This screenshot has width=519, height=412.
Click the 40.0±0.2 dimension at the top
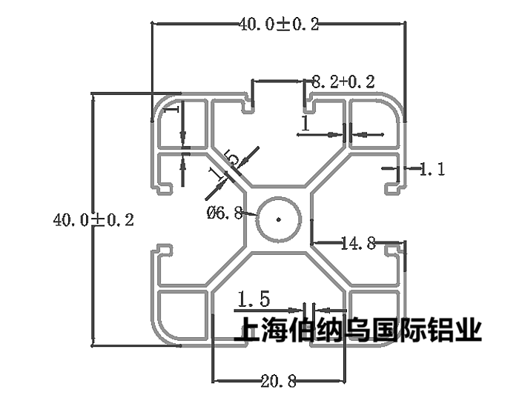coord(279,24)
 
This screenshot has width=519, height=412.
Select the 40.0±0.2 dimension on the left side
coord(93,220)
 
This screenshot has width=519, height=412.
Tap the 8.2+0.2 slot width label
coord(343,82)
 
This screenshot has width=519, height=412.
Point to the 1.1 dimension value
coord(432,170)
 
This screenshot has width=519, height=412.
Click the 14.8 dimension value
coord(358,242)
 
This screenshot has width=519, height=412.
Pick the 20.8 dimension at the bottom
coord(279,382)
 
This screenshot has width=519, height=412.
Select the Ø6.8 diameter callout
coord(225,213)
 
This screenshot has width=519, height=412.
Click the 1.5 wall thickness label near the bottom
coord(254,300)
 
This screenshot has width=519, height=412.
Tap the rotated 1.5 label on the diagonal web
coord(224,166)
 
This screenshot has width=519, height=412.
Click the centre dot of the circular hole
coord(278,219)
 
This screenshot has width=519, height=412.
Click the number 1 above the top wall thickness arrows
coord(304,123)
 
